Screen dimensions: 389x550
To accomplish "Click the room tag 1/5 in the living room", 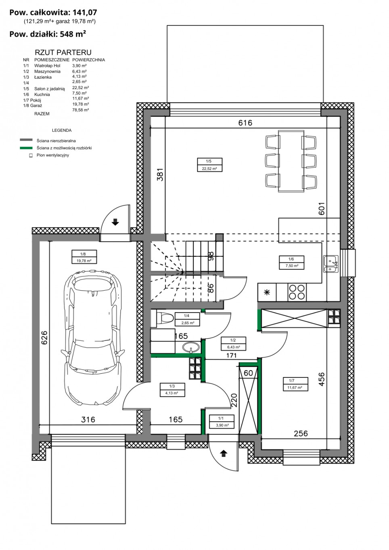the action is pyautogui.click(x=209, y=165).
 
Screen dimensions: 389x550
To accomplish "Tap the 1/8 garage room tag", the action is pyautogui.click(x=84, y=257).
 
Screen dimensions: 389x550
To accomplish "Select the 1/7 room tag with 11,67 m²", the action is pyautogui.click(x=295, y=384).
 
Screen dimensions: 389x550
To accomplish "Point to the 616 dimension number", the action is pyautogui.click(x=245, y=123).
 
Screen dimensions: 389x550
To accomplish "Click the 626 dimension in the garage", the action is pyautogui.click(x=44, y=337).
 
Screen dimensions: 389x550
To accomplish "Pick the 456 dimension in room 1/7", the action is pyautogui.click(x=322, y=379).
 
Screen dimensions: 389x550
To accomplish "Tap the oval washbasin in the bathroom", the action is pyautogui.click(x=191, y=347).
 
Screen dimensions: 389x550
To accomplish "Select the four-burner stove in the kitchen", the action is pyautogui.click(x=297, y=292).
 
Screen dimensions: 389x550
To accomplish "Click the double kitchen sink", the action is pyautogui.click(x=331, y=264).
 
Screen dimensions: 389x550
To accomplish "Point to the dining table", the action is pyautogui.click(x=291, y=161).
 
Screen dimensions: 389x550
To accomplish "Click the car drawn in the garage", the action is pyautogui.click(x=92, y=337).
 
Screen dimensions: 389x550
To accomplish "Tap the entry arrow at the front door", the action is pyautogui.click(x=223, y=453).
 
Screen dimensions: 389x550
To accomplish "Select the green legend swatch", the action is pyautogui.click(x=26, y=148).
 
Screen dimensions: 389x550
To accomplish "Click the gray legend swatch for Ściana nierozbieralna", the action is pyautogui.click(x=26, y=140).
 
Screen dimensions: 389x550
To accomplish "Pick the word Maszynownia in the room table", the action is pyautogui.click(x=47, y=71).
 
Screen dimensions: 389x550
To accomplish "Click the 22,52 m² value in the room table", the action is pyautogui.click(x=81, y=87).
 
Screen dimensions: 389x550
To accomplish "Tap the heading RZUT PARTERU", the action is pyautogui.click(x=63, y=52).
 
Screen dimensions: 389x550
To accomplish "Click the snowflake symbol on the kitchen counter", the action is pyautogui.click(x=267, y=292).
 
